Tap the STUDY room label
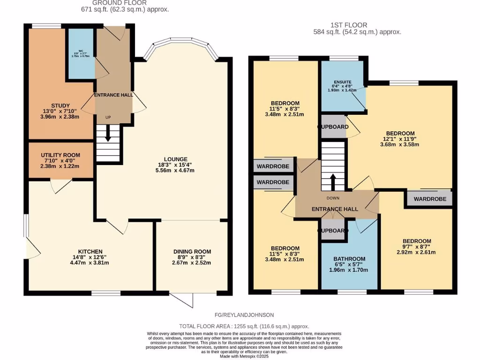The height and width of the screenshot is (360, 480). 60,105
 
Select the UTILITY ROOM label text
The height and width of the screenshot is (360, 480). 60,155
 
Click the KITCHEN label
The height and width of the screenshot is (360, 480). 91,252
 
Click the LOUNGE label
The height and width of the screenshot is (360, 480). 176,159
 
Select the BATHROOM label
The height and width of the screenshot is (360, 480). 349,259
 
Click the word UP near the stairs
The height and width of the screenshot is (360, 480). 108,118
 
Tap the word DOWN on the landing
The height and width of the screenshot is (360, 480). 333,198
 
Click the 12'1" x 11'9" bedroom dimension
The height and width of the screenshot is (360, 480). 400,139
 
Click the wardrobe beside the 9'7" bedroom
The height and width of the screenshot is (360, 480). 429,199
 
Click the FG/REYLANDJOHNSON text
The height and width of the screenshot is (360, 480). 241,315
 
